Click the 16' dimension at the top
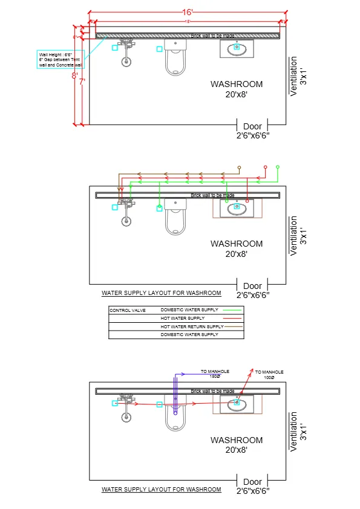pyautogui.click(x=188, y=12)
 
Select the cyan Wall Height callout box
pyautogui.click(x=60, y=59)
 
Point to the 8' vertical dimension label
pyautogui.click(x=74, y=76)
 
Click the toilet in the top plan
pyautogui.click(x=175, y=57)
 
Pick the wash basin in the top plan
pyautogui.click(x=237, y=48)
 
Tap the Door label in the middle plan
pyautogui.click(x=252, y=286)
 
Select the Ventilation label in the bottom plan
pyautogui.click(x=294, y=431)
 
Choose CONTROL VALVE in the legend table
pyautogui.click(x=124, y=310)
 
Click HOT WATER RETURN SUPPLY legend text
pyautogui.click(x=192, y=326)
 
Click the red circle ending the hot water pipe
pyautogui.click(x=264, y=166)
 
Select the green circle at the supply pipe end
pyautogui.click(x=278, y=166)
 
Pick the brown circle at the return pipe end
pyautogui.click(x=239, y=167)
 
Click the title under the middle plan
pyautogui.click(x=161, y=293)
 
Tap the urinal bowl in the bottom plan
pyautogui.click(x=126, y=417)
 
